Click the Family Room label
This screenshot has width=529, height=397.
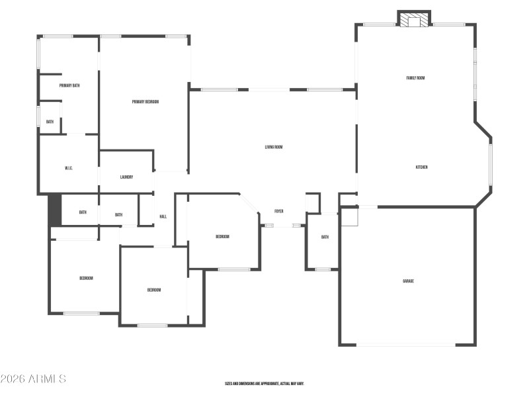415,78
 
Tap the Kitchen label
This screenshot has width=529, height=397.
421,167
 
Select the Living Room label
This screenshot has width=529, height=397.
274,147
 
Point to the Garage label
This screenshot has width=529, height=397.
409,281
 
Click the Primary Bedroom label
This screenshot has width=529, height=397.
145,102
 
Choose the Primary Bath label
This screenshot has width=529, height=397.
69,85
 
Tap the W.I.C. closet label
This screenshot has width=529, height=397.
69,169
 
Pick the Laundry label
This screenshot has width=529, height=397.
127,177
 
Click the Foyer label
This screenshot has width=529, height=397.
279,212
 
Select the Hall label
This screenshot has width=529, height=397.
163,217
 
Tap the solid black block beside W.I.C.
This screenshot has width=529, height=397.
55,210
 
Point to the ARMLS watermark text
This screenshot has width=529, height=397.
33,379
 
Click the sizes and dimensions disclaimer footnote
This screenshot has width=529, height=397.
264,383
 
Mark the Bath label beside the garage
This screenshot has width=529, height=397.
325,237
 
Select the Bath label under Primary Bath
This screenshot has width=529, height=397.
50,122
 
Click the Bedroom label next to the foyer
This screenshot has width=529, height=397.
222,237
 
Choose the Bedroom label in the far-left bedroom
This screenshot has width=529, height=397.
86,279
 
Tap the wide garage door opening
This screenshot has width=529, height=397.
406,344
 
